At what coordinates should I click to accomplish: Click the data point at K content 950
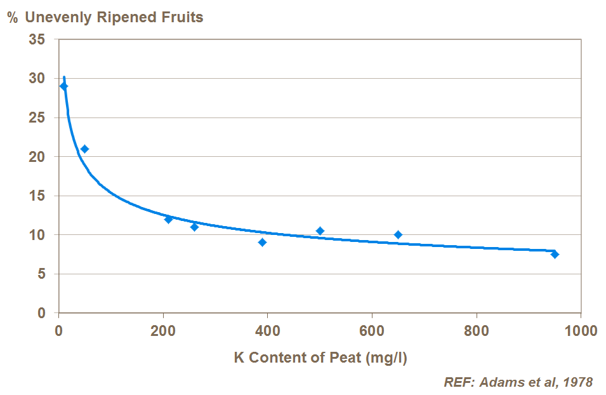tap(555, 254)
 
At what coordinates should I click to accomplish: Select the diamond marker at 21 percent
tap(84, 149)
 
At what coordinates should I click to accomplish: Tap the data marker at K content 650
tap(398, 235)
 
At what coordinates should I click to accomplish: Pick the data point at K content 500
tap(320, 231)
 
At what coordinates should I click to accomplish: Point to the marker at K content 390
tap(262, 243)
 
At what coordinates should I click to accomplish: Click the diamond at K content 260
tap(194, 227)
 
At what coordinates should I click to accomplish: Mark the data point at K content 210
tap(168, 219)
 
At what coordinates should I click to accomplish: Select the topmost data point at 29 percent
tap(63, 86)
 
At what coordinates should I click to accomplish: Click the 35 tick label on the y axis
tap(37, 39)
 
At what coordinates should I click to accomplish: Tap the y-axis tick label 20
tap(37, 157)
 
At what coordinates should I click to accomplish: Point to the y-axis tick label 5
tap(41, 274)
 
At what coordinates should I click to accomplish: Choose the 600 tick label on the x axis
tap(371, 331)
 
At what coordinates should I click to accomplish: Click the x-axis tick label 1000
tap(581, 331)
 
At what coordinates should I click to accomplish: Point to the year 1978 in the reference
tap(576, 382)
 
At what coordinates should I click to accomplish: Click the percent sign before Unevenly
tap(13, 17)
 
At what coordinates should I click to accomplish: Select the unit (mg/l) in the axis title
tap(386, 358)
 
